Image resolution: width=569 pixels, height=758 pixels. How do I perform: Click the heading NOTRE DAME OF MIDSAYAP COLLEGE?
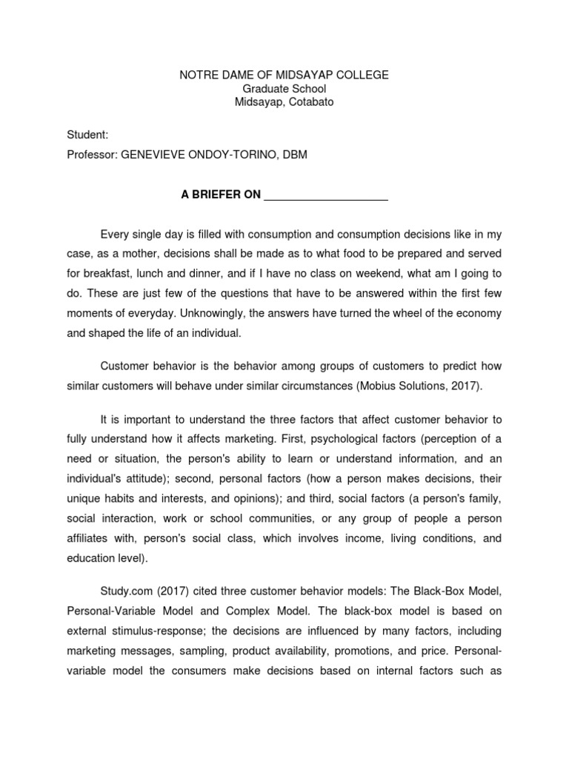284,76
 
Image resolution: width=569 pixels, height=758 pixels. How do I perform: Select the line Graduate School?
284,89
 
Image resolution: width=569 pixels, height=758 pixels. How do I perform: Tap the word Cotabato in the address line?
311,102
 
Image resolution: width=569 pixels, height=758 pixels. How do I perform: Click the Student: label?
87,135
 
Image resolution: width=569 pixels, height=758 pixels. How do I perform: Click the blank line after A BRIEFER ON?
326,195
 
